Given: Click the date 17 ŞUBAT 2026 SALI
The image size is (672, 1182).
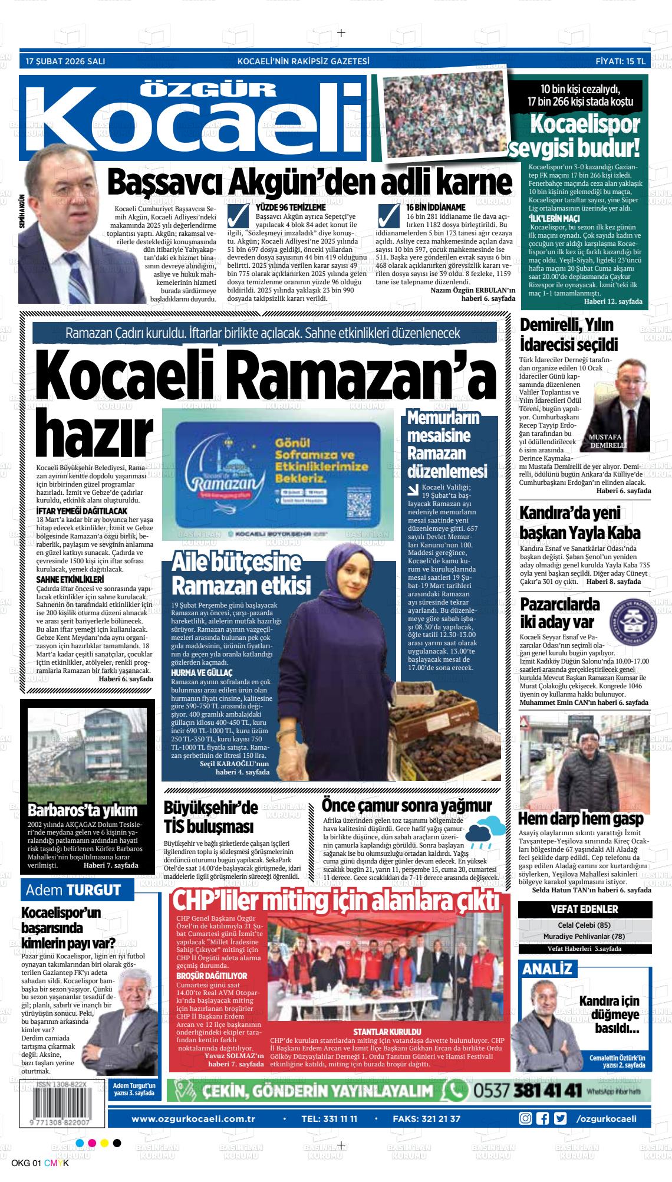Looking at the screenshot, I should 65,61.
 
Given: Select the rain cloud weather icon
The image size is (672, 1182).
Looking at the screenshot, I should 486,832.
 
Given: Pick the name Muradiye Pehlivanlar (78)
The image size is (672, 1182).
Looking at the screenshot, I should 584,936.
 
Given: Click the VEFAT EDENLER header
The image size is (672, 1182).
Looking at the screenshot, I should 584,909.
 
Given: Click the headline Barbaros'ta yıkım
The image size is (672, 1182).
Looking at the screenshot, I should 83,810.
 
